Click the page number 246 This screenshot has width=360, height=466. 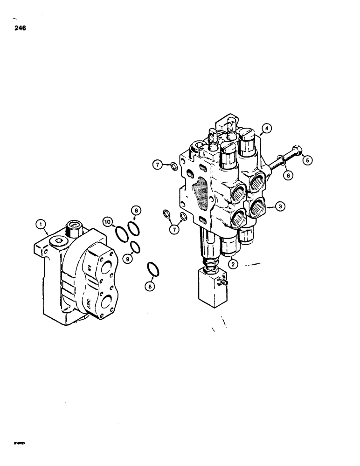pos(20,28)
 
